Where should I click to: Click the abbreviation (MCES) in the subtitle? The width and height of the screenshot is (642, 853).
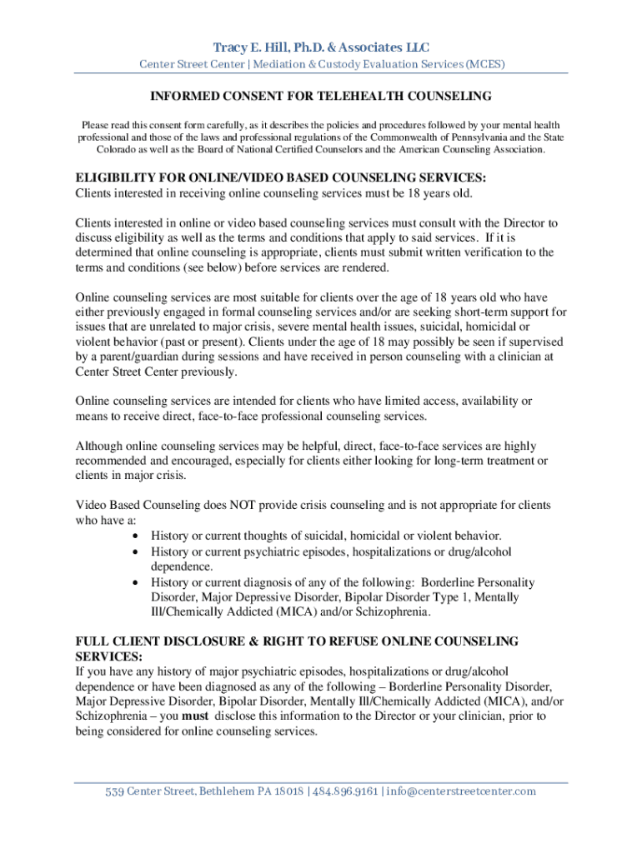pos(486,64)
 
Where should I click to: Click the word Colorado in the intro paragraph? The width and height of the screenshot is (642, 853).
pos(118,150)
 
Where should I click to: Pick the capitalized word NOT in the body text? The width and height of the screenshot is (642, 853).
pos(212,506)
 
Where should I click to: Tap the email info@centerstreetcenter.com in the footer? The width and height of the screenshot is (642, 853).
pos(460,791)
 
